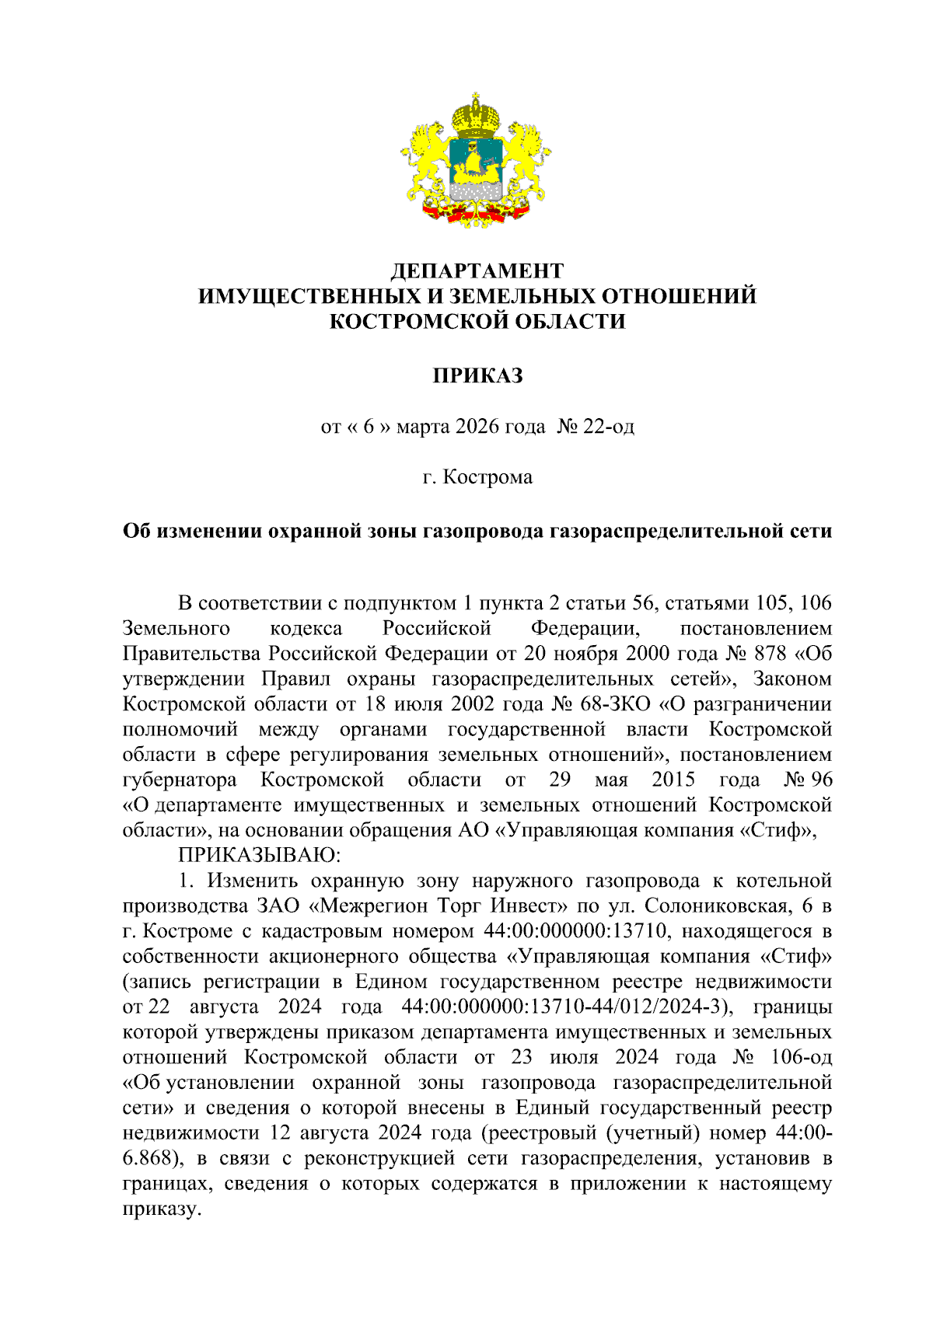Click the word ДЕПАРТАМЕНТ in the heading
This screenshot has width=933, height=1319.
click(477, 270)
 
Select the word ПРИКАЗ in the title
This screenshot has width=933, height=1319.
click(477, 375)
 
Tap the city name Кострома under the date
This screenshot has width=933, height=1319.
click(487, 476)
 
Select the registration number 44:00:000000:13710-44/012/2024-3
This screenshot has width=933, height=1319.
click(567, 1007)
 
